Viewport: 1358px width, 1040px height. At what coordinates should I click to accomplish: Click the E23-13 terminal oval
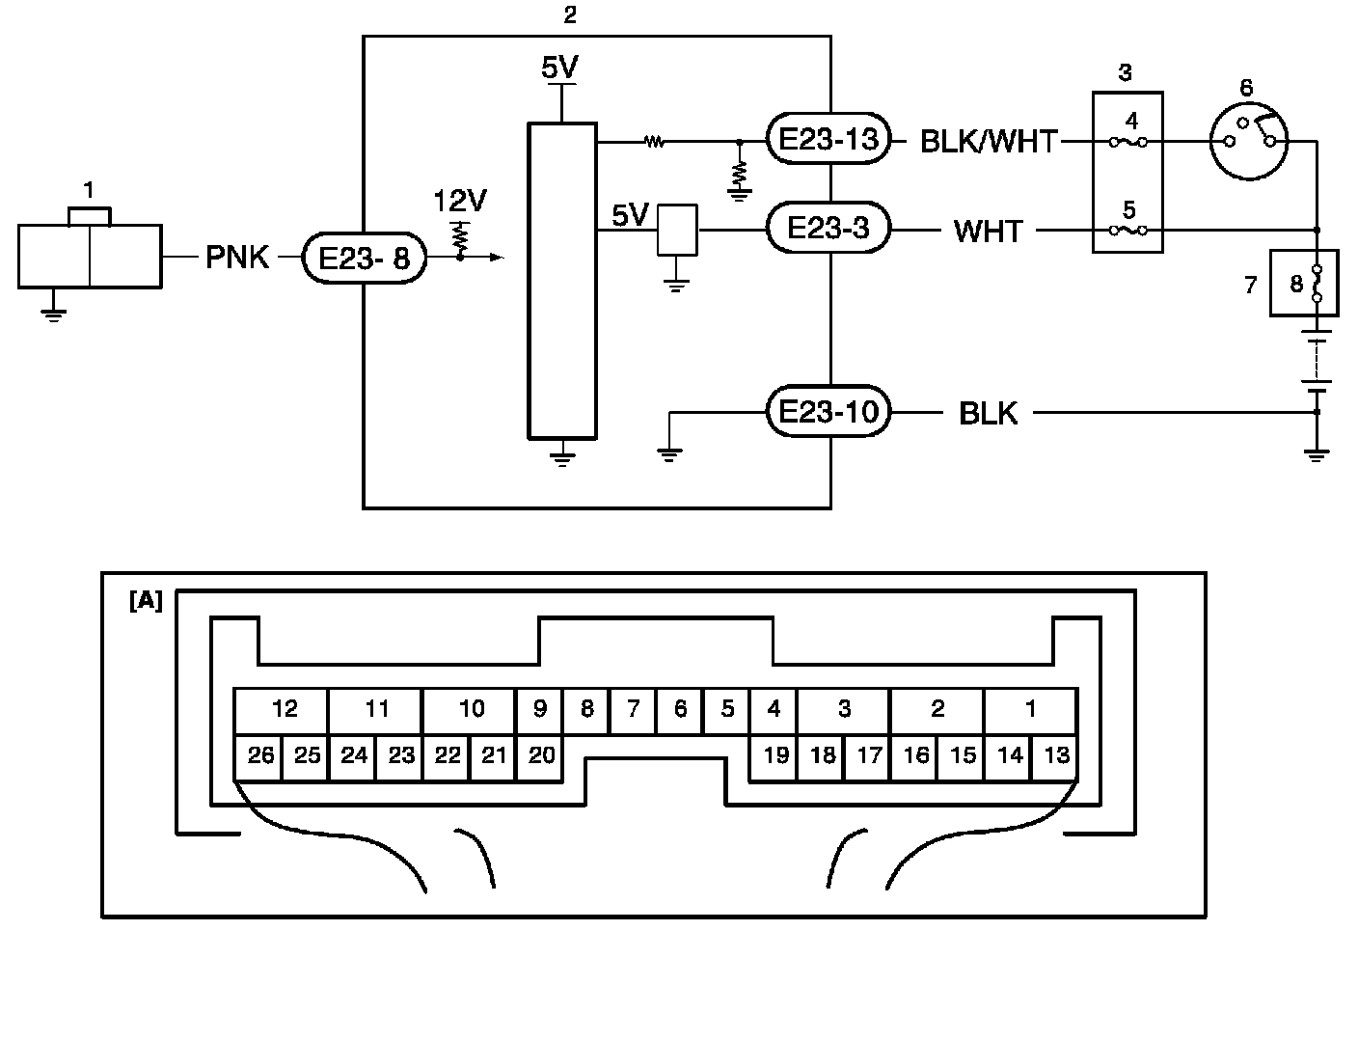(828, 139)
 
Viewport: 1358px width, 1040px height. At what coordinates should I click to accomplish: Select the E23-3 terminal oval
(828, 228)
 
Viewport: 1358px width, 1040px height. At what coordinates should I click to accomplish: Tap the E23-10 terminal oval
(828, 411)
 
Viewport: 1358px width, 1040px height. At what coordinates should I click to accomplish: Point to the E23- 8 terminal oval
(365, 258)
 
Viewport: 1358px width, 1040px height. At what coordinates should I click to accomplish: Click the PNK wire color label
(237, 258)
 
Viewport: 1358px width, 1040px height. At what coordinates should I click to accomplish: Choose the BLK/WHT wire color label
(989, 142)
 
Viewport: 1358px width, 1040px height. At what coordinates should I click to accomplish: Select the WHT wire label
(988, 232)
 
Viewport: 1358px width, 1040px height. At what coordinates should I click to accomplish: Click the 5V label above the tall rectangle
(560, 68)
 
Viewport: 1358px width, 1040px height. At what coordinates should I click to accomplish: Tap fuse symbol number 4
(1128, 143)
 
